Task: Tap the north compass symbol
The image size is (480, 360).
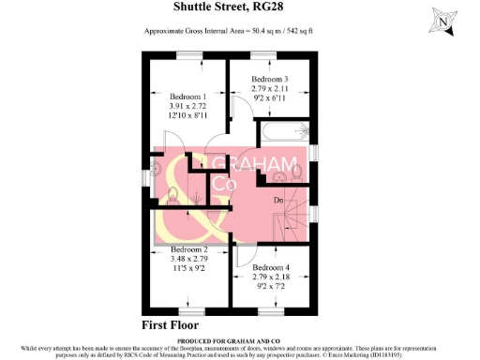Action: click(x=444, y=18)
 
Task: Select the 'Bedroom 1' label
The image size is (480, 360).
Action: click(x=187, y=96)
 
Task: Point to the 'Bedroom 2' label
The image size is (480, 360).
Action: click(x=188, y=249)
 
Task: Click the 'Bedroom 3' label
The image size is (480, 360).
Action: click(x=268, y=79)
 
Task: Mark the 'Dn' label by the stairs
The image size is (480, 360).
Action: click(x=278, y=199)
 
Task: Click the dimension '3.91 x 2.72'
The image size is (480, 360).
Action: click(x=187, y=107)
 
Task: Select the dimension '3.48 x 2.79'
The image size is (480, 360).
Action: click(x=188, y=260)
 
